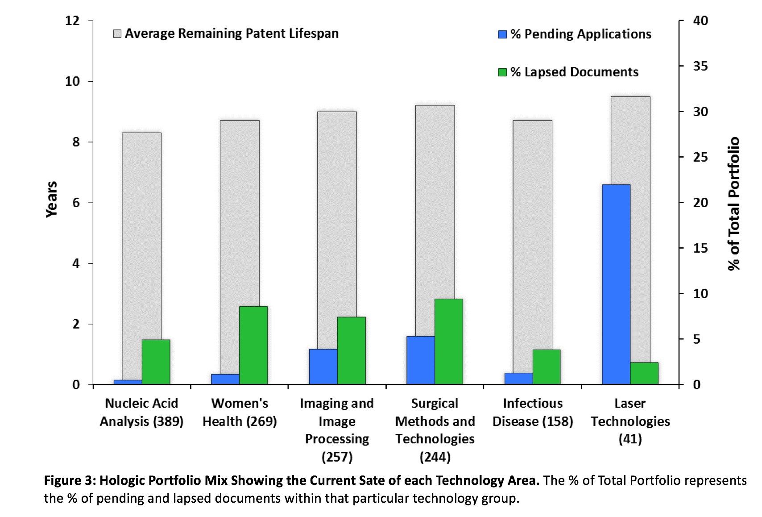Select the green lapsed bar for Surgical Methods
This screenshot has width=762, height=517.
pos(449,342)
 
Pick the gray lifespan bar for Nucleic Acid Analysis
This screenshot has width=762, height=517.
pos(141,232)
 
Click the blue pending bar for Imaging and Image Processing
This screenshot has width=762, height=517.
pos(323,367)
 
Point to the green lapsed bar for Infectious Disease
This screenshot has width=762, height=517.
pos(547,367)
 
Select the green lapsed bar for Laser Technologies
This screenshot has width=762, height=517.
pos(644,373)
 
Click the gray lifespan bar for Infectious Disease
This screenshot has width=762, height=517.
pos(532,241)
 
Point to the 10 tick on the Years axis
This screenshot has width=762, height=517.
pos(73,81)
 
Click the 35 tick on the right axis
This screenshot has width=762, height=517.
pos(700,66)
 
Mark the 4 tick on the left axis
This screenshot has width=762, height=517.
pos(76,263)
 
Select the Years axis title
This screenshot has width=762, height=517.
pos(52,199)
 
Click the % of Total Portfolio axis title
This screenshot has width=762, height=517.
pos(733,203)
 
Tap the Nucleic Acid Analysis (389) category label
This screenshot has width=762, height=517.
pos(141,412)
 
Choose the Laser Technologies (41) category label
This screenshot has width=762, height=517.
pos(630,421)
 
